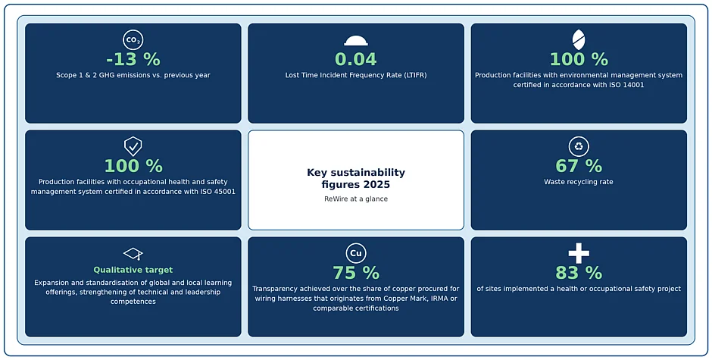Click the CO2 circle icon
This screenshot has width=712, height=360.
coord(133,40)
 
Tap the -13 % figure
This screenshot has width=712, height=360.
coord(133,60)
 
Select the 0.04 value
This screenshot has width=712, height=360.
coord(356,60)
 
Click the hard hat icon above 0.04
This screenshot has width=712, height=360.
coord(356,41)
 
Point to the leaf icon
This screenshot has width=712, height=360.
coord(579,40)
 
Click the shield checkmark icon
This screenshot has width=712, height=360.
coord(133,146)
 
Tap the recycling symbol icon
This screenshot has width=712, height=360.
coord(579,146)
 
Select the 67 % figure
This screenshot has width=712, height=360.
coord(579,167)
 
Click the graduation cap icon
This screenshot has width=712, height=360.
coord(133,254)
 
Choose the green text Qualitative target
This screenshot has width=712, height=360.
coord(133,270)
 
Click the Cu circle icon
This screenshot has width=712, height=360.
coord(356,253)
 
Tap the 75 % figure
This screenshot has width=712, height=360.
coord(356,273)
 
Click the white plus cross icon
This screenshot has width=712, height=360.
coord(579,253)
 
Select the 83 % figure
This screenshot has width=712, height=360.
coord(579,273)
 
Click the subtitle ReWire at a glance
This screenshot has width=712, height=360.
coord(356,199)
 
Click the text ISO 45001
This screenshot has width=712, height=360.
coord(218,192)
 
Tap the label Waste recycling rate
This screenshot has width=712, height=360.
coord(579,182)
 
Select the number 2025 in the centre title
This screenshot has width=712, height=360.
coord(376,184)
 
